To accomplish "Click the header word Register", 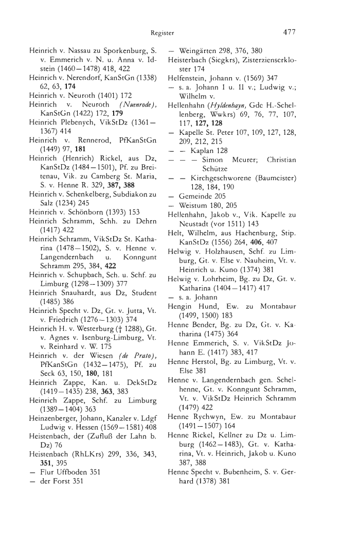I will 163,33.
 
